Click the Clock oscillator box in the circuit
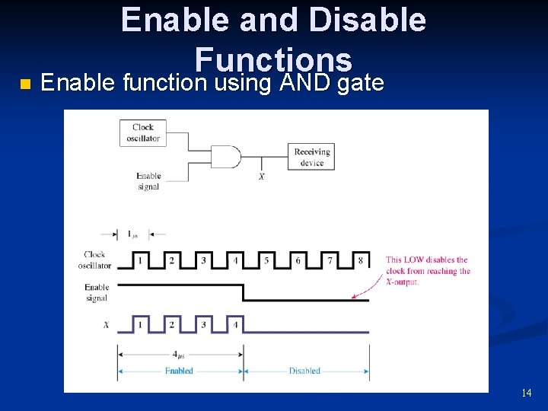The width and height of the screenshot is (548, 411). (142, 133)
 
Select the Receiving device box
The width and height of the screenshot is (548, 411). (311, 157)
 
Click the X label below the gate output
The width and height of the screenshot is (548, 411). (262, 177)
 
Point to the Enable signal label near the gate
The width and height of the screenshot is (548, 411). (148, 181)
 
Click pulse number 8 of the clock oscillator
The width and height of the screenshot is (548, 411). (361, 260)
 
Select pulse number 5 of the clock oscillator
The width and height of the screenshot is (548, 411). (266, 260)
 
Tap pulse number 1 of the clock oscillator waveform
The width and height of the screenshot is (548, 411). (140, 260)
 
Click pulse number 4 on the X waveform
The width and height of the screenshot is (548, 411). (234, 324)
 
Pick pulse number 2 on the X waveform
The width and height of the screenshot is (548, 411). (171, 324)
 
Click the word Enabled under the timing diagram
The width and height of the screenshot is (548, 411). (179, 371)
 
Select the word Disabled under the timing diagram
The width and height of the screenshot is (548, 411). (304, 371)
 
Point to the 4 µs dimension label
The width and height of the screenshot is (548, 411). (180, 355)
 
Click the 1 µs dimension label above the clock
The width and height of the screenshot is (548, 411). (132, 235)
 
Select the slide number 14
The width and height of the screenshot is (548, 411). (526, 393)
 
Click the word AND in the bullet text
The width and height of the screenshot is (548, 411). (304, 81)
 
